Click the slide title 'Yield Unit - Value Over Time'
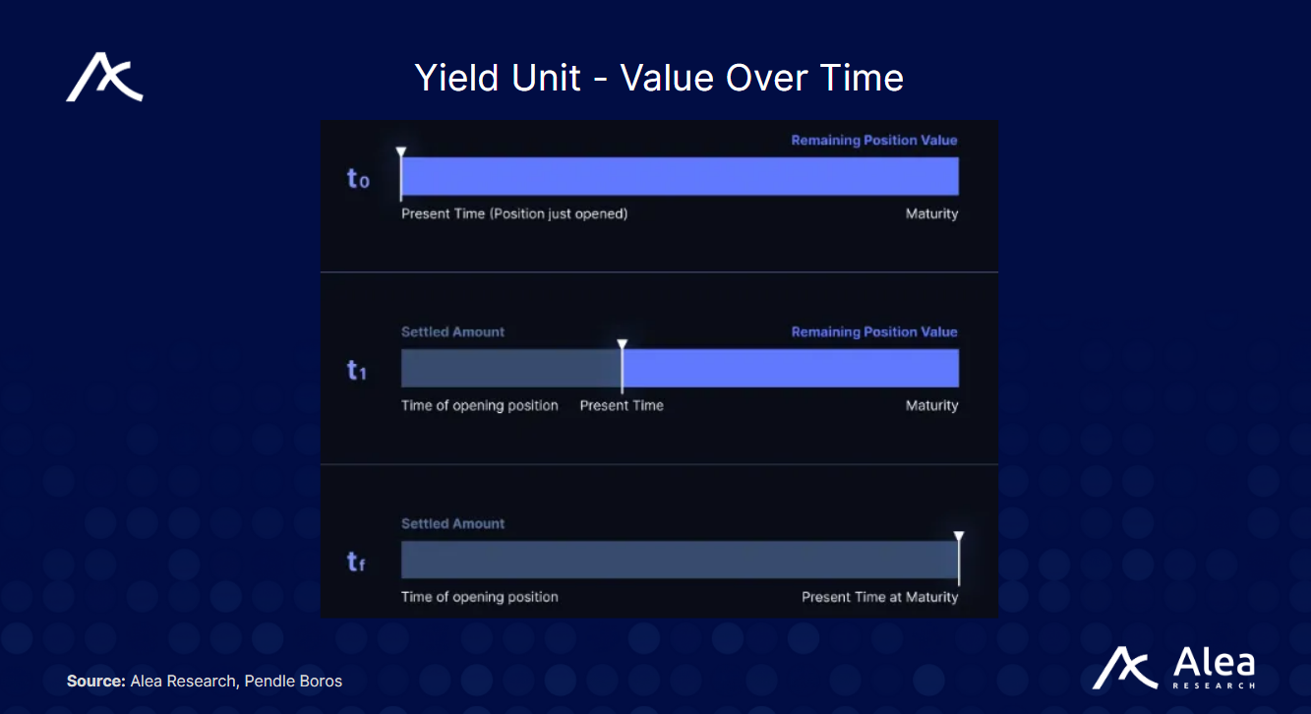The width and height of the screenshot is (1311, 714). click(x=658, y=78)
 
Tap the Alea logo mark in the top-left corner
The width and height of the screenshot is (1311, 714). click(x=104, y=79)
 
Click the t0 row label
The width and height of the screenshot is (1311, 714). click(x=358, y=178)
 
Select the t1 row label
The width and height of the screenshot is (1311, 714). click(x=356, y=370)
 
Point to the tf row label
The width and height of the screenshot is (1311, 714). click(x=356, y=562)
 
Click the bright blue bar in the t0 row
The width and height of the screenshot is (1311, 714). click(x=680, y=176)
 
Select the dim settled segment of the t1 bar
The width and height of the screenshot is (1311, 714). click(x=510, y=368)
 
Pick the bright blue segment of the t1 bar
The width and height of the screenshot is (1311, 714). click(x=791, y=368)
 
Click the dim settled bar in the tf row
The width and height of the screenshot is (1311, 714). click(x=679, y=560)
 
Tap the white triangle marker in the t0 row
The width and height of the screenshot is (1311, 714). click(x=400, y=152)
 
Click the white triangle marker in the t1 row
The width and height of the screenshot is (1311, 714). click(x=622, y=344)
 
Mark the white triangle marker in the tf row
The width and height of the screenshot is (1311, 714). click(x=959, y=537)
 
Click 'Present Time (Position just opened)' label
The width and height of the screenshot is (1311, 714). click(x=514, y=213)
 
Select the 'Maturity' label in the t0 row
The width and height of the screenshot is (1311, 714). click(x=931, y=213)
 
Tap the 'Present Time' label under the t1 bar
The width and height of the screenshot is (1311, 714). click(x=622, y=405)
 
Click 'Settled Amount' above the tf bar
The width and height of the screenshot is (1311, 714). click(x=452, y=523)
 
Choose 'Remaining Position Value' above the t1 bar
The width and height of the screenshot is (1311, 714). click(x=874, y=331)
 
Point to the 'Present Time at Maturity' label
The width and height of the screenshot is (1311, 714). click(x=879, y=597)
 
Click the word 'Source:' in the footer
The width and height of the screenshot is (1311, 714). click(x=95, y=681)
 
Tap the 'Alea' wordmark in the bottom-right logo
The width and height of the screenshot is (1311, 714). click(x=1214, y=661)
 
